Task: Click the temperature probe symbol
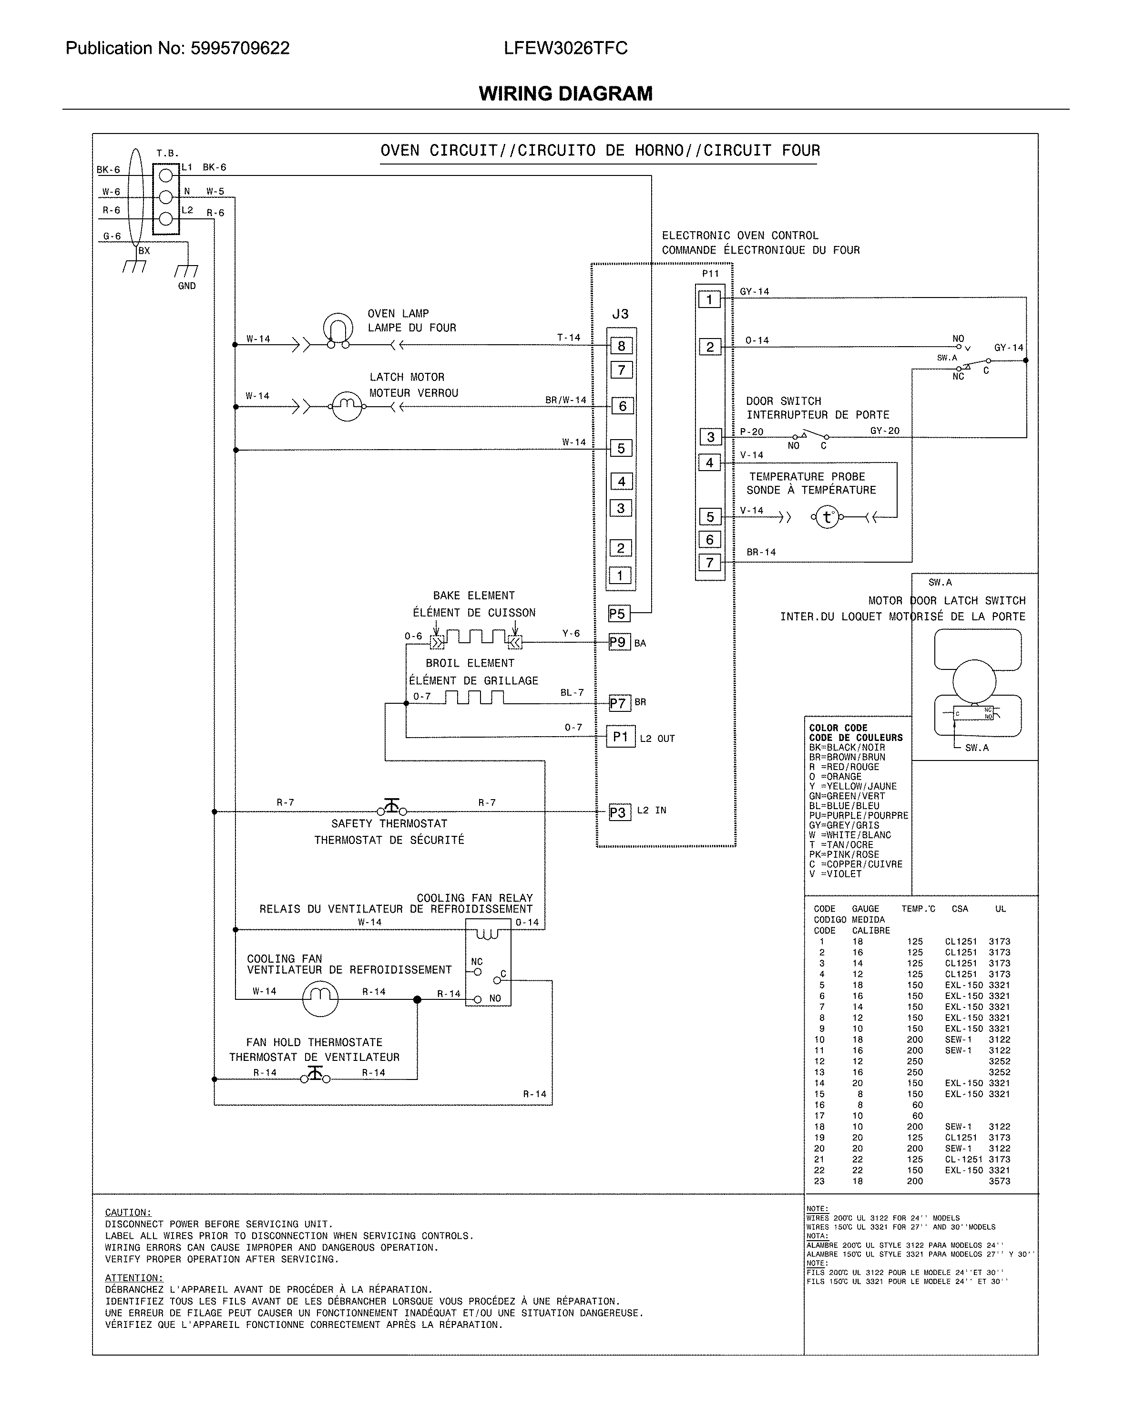coord(827,517)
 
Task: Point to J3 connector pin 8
coord(621,346)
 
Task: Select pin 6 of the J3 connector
coord(622,406)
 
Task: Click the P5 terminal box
coord(617,613)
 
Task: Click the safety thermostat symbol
coord(392,808)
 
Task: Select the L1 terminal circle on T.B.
coord(166,175)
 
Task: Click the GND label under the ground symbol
coord(187,286)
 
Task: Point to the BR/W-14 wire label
coord(565,400)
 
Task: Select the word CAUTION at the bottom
coord(128,1212)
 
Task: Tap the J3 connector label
coord(620,314)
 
